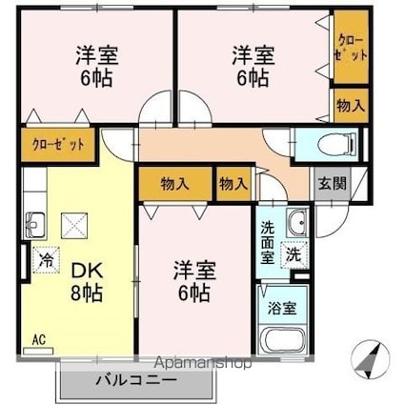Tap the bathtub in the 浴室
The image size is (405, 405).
[282, 339]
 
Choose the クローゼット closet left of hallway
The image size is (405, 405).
[59, 146]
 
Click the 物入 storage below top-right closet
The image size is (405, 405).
[349, 105]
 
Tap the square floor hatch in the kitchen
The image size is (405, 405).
[74, 226]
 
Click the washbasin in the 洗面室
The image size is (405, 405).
[294, 225]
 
